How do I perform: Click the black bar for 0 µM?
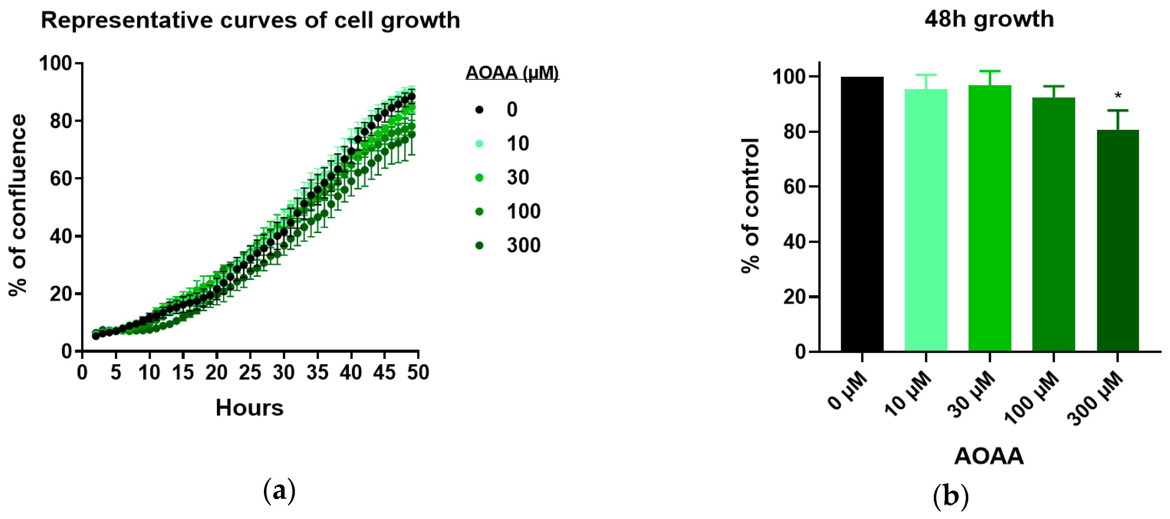click(862, 214)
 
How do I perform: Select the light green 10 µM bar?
click(926, 220)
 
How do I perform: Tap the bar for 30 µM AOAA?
click(989, 218)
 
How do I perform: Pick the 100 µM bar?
click(1053, 224)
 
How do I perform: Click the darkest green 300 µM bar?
click(1117, 241)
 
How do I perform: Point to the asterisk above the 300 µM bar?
click(1118, 96)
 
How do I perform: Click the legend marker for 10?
click(479, 143)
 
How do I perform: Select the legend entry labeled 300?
click(523, 245)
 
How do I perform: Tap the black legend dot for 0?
click(479, 110)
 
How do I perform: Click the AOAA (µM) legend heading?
click(512, 73)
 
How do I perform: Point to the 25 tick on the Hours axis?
click(250, 373)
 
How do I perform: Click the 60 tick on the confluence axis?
click(61, 179)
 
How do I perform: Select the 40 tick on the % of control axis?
click(795, 242)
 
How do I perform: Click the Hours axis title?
click(249, 407)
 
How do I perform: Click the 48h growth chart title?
click(989, 19)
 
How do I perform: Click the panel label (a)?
click(279, 491)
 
